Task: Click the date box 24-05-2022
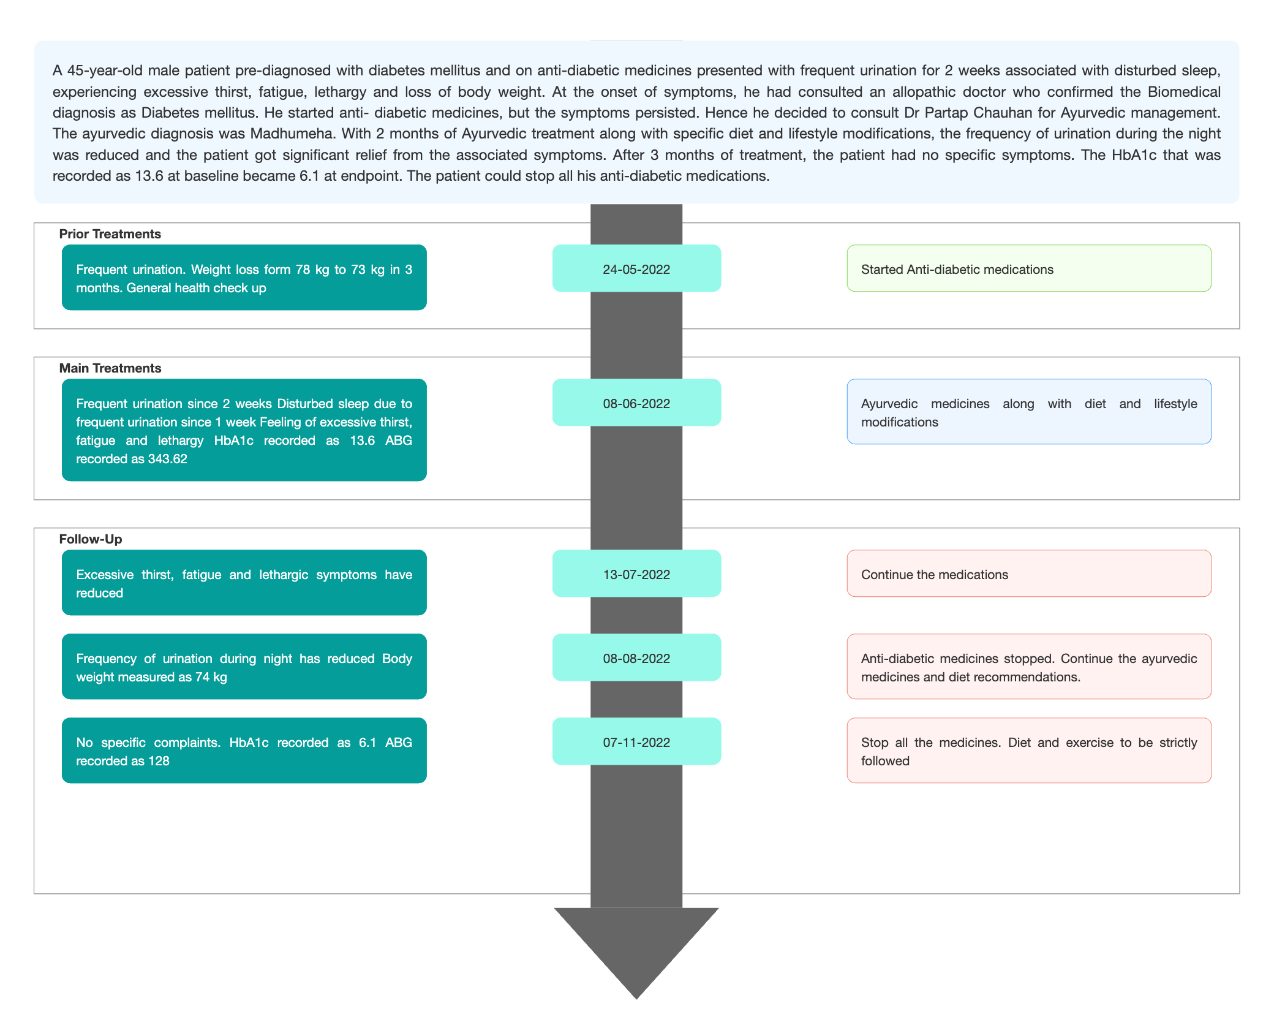[x=636, y=268]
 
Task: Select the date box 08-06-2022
[x=636, y=403]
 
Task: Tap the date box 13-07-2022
[x=636, y=574]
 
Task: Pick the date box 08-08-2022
[x=636, y=657]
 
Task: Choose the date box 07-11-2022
[x=636, y=741]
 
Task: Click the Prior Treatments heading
[x=110, y=234]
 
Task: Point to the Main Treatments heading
[x=110, y=368]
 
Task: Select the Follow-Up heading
[x=91, y=539]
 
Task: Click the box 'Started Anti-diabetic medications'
[x=1029, y=268]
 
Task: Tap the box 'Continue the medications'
[x=1029, y=574]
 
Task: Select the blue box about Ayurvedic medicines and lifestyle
[x=1029, y=412]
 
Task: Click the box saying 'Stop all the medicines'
[x=1029, y=751]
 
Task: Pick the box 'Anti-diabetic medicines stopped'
[x=1029, y=667]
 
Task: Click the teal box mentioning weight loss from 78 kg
[x=244, y=278]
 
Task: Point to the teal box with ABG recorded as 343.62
[x=244, y=430]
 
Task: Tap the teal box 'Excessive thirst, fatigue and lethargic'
[x=244, y=583]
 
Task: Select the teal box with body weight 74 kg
[x=244, y=667]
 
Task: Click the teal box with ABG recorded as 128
[x=244, y=751]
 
